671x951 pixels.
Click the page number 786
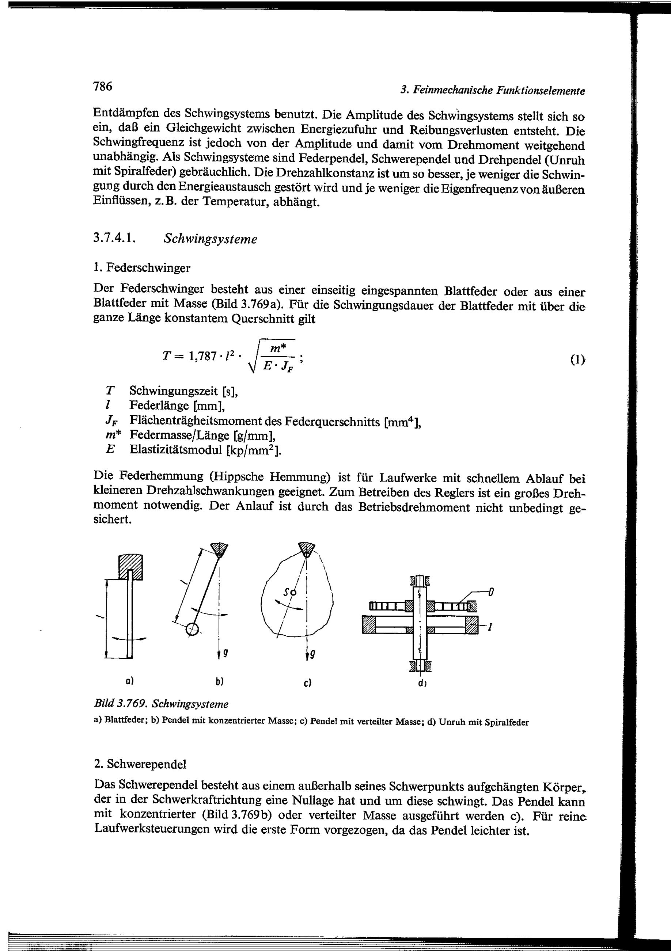coord(103,86)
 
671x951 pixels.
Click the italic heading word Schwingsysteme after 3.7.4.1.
coord(210,239)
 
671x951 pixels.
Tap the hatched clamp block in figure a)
coord(130,566)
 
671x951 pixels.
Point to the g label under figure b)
coord(225,653)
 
